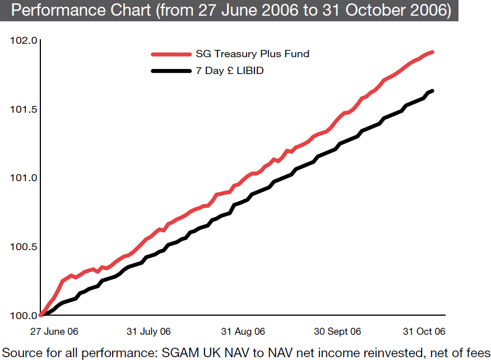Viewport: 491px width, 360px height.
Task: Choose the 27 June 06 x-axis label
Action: click(x=54, y=331)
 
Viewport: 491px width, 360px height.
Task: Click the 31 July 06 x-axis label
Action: click(x=149, y=331)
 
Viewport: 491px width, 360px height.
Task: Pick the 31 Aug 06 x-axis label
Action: click(x=243, y=331)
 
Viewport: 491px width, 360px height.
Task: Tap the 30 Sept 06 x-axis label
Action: click(x=337, y=331)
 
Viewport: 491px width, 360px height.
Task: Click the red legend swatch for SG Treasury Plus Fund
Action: click(x=171, y=54)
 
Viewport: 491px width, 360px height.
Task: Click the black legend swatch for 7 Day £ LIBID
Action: click(x=171, y=71)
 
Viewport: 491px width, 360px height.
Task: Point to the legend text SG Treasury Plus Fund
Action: click(x=252, y=54)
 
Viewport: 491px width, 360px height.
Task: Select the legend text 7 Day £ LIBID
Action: click(x=230, y=71)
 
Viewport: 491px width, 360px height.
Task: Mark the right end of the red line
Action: click(x=433, y=52)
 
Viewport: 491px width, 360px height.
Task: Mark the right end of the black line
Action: click(x=432, y=91)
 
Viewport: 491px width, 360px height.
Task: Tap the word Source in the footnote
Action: click(x=21, y=352)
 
